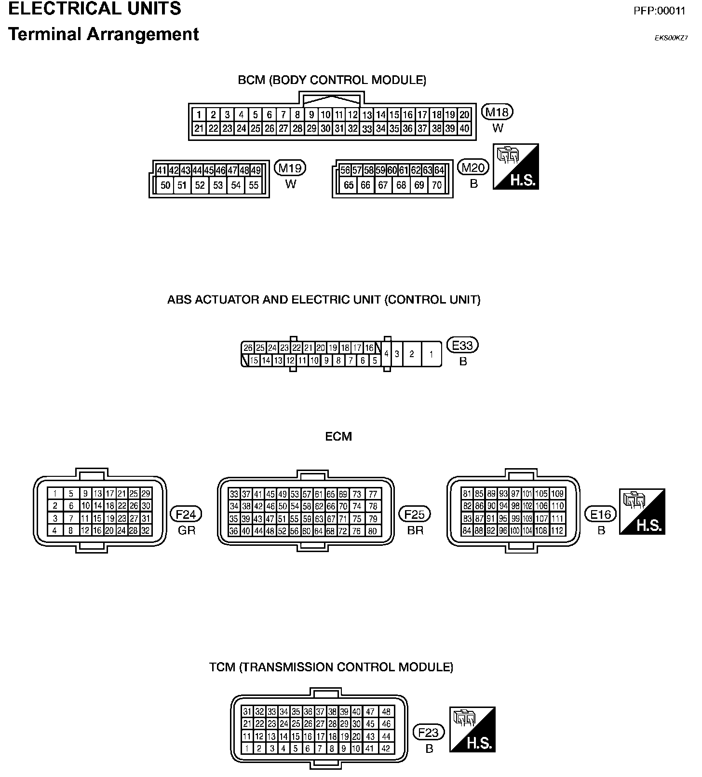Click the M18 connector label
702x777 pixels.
click(498, 112)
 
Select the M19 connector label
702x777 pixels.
click(290, 168)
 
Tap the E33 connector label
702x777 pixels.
click(463, 346)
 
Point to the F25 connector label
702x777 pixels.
click(415, 514)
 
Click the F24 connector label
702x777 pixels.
click(186, 514)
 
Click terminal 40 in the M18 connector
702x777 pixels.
click(464, 128)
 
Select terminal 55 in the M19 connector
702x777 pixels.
click(254, 185)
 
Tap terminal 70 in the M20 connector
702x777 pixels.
click(436, 185)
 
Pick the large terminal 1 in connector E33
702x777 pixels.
click(431, 354)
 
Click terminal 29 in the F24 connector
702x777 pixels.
click(146, 494)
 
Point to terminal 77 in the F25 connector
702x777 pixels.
click(373, 494)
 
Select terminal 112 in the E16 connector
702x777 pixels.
click(557, 531)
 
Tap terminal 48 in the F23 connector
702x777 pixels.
click(386, 711)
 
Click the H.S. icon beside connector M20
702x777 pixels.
click(515, 166)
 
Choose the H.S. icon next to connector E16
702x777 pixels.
click(642, 512)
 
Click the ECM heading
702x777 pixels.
click(338, 437)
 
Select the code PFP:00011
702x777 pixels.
click(659, 11)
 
